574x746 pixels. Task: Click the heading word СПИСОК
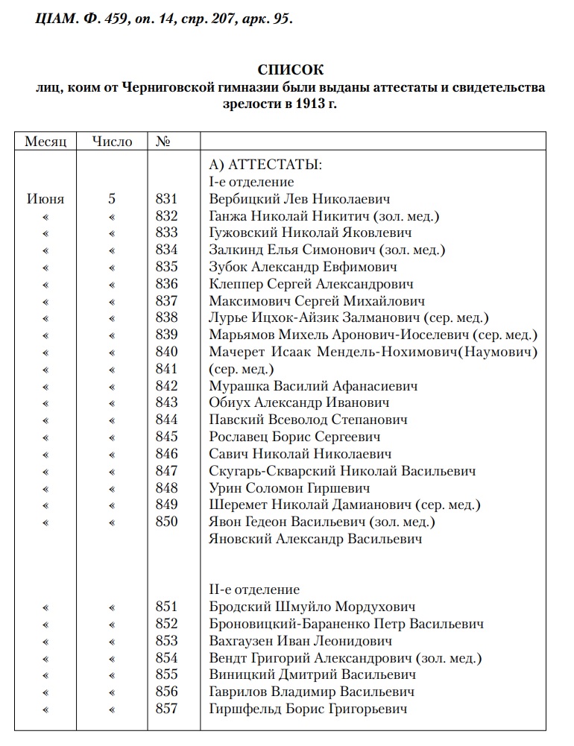[x=291, y=70]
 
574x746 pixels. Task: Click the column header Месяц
[x=45, y=141]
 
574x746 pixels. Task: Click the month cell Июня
[x=45, y=199]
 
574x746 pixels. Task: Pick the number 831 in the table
[x=167, y=199]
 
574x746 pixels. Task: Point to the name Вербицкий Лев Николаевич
[x=300, y=199]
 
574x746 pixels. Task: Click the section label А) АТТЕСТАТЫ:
[x=265, y=165]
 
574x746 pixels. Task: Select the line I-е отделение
[x=252, y=182]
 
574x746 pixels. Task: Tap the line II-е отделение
[x=255, y=589]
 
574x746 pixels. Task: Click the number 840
[x=167, y=352]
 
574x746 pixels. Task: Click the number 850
[x=167, y=522]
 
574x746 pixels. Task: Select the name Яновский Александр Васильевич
[x=316, y=539]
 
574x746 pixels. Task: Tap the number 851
[x=167, y=607]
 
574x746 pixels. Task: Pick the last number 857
[x=167, y=709]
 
